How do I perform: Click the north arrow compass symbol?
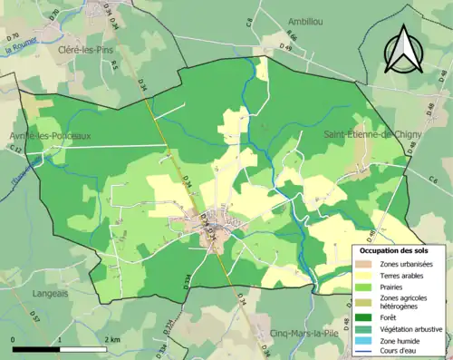[x=401, y=49]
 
